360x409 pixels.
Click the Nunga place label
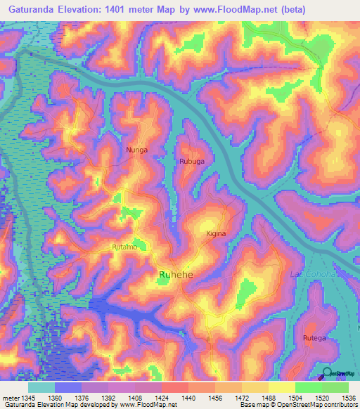coord(136,150)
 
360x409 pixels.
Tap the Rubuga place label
coord(192,161)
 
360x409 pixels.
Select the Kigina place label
coord(216,233)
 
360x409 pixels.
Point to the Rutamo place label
coord(125,247)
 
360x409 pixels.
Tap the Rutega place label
coord(314,338)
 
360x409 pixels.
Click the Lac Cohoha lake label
coord(312,274)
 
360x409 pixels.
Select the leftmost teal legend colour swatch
coord(41,387)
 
